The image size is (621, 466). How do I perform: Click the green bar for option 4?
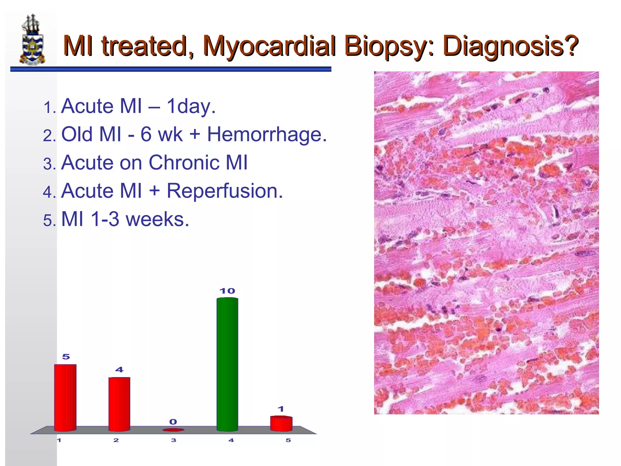227,364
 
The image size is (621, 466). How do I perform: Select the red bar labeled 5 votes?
65,397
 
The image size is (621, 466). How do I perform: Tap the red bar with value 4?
119,404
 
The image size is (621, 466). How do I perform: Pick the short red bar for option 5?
281,424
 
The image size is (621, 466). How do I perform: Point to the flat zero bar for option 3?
173,430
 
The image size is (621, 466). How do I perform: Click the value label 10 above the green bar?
227,291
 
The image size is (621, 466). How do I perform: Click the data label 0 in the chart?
173,422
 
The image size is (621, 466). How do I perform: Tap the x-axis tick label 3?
173,440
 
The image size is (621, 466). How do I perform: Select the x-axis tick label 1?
59,440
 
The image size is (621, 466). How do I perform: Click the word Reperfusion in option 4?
225,191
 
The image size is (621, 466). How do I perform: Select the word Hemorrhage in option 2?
267,134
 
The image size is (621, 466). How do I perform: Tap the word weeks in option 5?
157,219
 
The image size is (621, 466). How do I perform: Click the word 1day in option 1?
191,106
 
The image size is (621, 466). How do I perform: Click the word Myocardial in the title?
270,46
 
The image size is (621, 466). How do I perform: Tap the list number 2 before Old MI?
49,135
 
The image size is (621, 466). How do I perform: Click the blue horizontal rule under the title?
170,69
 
